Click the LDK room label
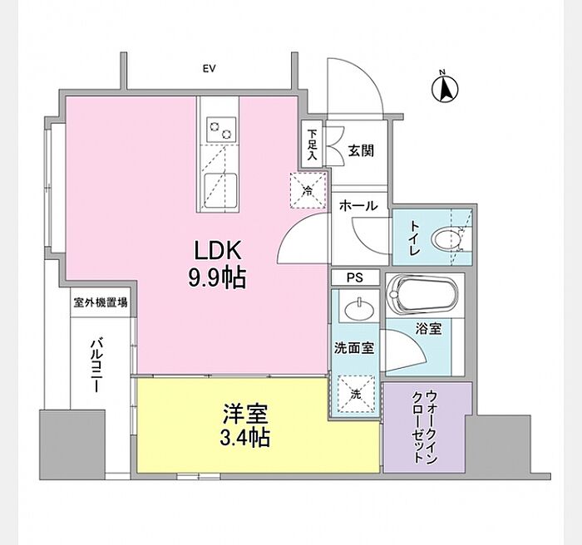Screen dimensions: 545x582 click(217, 250)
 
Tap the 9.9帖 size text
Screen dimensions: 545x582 click(217, 278)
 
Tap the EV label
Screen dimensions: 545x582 click(208, 69)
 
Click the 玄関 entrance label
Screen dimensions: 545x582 click(361, 151)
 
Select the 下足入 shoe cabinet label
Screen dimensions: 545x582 click(312, 144)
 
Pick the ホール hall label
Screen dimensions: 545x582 click(358, 206)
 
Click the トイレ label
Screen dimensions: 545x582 click(413, 239)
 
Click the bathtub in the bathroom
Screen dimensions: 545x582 click(423, 297)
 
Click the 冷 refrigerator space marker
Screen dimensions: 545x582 click(306, 190)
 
